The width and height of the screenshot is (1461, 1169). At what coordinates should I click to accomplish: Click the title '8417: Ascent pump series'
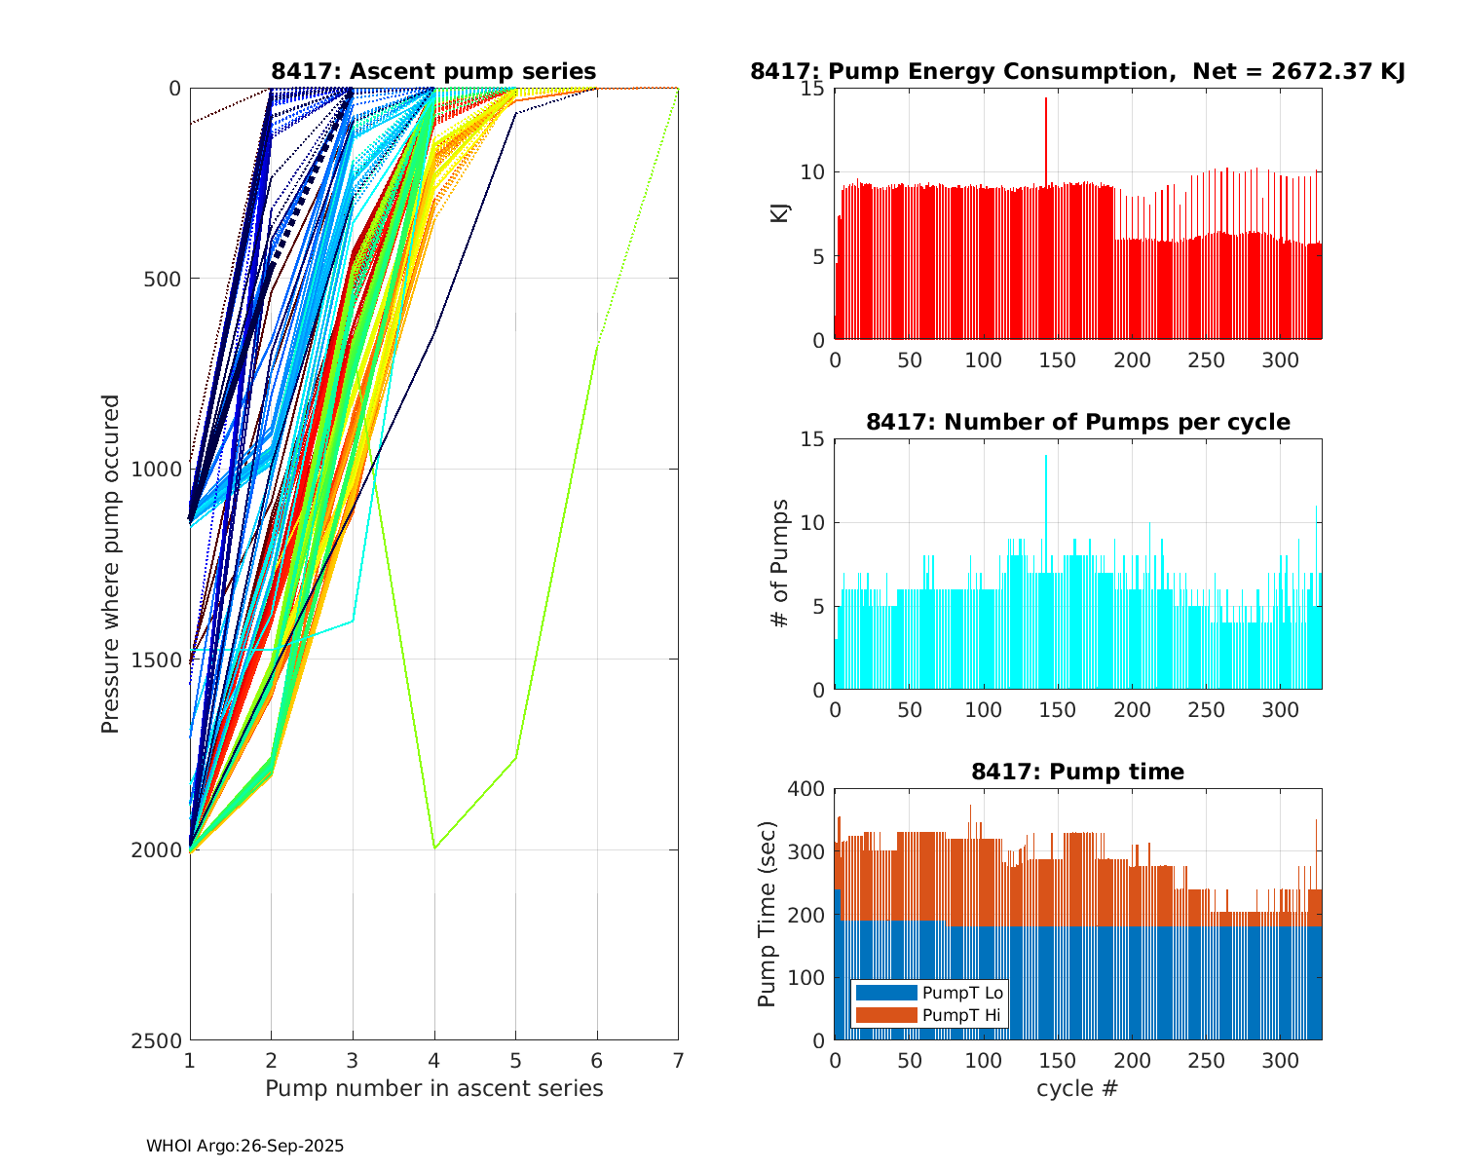click(433, 71)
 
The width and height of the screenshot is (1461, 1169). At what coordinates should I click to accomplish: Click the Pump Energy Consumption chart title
click(1077, 71)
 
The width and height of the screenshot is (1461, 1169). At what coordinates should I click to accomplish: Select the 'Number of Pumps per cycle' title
click(1077, 422)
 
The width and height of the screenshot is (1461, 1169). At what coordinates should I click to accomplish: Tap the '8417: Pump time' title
click(1077, 772)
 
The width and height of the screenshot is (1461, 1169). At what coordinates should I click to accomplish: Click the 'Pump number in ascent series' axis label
click(433, 1088)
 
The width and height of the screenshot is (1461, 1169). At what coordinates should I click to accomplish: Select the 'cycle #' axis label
click(1077, 1088)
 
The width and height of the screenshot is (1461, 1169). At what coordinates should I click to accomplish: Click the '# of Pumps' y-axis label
click(780, 563)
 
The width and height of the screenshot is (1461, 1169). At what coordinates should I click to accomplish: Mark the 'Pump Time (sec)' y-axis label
click(767, 914)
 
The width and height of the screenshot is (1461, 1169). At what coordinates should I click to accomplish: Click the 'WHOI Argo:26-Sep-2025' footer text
click(244, 1147)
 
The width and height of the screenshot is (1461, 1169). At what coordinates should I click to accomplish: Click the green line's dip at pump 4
click(434, 848)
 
